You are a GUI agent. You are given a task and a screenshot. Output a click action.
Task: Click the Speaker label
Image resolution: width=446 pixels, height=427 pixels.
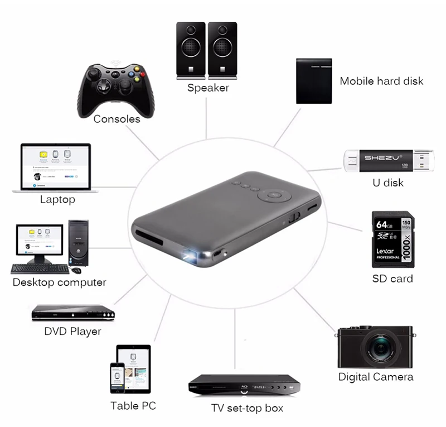[x=208, y=88]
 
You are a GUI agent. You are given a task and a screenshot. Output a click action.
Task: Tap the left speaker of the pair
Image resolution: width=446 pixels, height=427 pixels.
[x=191, y=49]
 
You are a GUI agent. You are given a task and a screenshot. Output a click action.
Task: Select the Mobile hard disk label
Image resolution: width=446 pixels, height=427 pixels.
[x=381, y=81]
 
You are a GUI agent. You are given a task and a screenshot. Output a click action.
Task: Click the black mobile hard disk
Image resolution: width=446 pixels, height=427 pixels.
[x=313, y=81]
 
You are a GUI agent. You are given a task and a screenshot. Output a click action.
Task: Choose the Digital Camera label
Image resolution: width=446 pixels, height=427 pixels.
[x=376, y=377]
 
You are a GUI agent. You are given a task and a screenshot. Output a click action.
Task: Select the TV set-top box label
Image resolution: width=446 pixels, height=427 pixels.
[x=247, y=408]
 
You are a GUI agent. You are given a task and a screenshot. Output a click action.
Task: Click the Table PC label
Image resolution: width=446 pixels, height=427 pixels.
[x=133, y=405]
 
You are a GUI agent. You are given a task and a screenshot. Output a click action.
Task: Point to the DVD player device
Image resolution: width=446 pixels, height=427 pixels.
[x=72, y=313]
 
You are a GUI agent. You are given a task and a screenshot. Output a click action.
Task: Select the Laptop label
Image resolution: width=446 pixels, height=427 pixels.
[x=57, y=199]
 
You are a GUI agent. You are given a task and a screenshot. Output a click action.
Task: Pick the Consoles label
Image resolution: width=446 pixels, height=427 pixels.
[x=117, y=119]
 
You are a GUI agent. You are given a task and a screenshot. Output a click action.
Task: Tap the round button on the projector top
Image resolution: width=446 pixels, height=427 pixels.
[x=274, y=196]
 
